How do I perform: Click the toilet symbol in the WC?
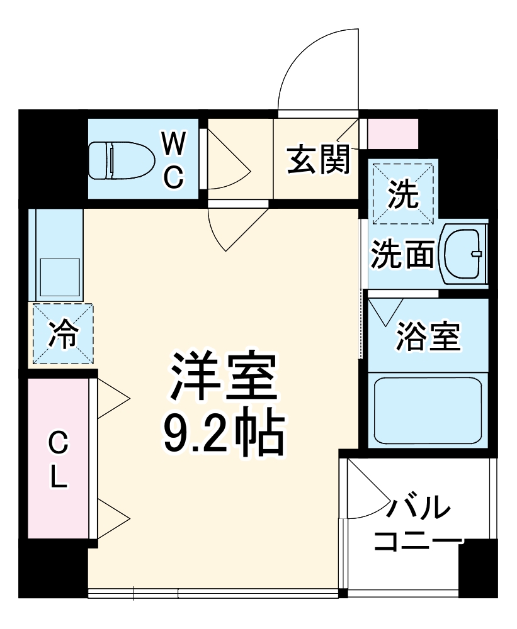[119, 159]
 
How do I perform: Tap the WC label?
[174, 159]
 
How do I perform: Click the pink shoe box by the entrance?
[392, 133]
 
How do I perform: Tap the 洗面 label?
[402, 255]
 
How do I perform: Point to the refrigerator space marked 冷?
[62, 334]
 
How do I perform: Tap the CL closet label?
[58, 460]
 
